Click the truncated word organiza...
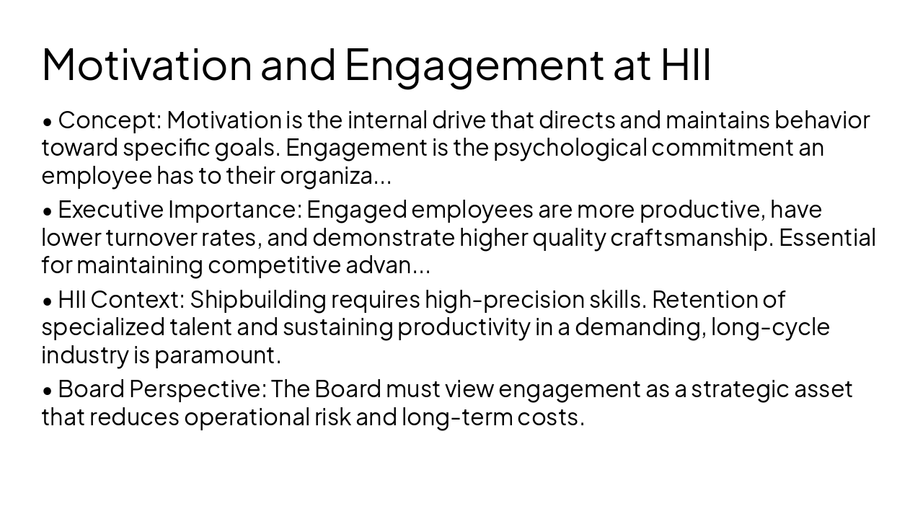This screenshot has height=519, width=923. point(335,175)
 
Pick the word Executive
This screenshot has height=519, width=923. point(111,210)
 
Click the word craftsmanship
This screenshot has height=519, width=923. point(691,237)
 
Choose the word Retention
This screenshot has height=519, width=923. point(699,299)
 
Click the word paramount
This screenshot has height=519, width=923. point(217,355)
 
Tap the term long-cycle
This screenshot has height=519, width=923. point(770,327)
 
